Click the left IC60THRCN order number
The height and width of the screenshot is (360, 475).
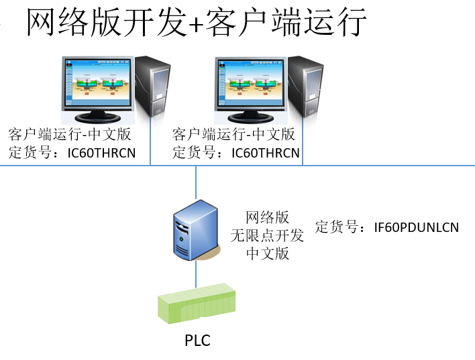101,153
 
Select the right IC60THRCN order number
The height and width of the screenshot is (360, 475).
265,153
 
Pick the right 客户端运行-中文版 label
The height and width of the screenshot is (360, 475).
233,134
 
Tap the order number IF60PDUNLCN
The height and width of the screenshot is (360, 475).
416,227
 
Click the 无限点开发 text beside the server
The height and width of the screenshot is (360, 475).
267,235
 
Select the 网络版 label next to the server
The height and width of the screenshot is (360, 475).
267,217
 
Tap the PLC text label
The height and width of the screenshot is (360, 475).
197,341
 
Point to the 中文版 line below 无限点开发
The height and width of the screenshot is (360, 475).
267,253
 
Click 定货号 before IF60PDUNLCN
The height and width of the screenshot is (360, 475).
339,227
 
